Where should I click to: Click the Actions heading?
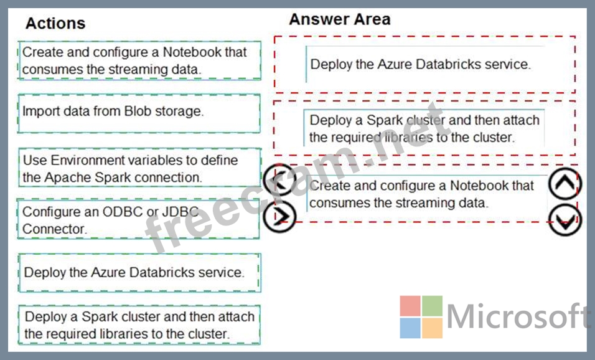coord(55,23)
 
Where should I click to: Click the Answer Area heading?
coord(340,19)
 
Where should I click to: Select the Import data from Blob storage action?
coord(139,113)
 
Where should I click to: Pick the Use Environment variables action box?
coord(139,168)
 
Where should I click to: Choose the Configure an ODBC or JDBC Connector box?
coord(139,219)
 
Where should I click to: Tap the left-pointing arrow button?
coord(280,181)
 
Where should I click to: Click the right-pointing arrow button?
coord(279,217)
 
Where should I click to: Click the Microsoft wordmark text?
coord(518,316)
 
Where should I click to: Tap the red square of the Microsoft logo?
coord(410,306)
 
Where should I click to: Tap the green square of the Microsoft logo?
coord(432,306)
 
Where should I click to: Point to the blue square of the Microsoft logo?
coord(410,328)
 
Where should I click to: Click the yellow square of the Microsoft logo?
coord(432,328)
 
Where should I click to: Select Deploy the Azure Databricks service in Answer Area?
coord(425,64)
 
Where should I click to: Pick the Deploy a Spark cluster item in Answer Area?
coord(424,128)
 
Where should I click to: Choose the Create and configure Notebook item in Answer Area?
coord(427,194)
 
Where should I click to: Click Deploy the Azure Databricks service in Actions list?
coord(139,273)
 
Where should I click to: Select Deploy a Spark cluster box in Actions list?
coord(139,324)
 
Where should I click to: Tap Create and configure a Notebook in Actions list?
coord(139,60)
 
